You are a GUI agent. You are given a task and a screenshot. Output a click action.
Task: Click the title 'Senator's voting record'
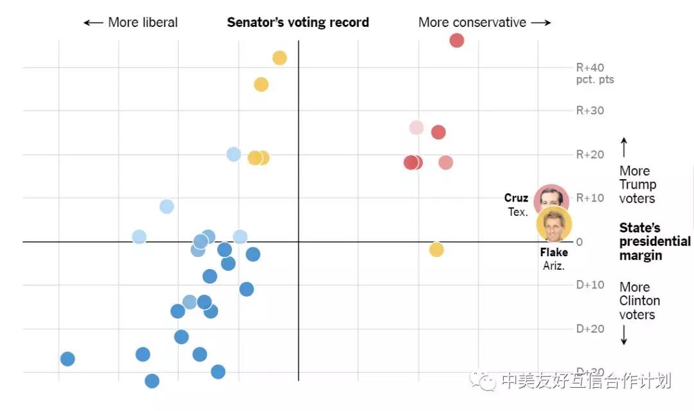point(298,22)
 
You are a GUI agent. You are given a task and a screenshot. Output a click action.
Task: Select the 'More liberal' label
point(131,22)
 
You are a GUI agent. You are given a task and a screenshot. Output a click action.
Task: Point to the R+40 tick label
point(590,67)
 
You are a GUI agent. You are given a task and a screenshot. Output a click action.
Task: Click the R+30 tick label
point(590,110)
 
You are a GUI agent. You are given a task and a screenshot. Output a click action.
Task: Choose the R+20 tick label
point(590,154)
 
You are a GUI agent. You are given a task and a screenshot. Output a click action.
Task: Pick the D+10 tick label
point(590,284)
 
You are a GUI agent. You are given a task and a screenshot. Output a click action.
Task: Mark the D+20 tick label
point(590,328)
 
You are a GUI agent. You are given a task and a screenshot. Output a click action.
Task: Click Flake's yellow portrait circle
point(554,224)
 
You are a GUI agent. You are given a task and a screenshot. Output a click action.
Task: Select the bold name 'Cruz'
point(516,198)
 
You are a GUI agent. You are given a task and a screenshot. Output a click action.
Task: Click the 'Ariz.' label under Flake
point(553,266)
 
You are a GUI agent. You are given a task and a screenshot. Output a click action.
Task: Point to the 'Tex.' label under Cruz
point(518,212)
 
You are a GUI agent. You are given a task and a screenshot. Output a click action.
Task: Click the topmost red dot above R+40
point(456,40)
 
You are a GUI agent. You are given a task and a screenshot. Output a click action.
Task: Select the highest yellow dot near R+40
point(280,58)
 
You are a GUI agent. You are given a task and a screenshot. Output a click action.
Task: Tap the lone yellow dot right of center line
point(436,249)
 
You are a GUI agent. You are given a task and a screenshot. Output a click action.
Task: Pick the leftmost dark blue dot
point(67,359)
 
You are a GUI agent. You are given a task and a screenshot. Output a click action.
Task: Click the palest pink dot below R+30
point(416,128)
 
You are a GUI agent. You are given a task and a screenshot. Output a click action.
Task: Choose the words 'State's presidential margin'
point(654,241)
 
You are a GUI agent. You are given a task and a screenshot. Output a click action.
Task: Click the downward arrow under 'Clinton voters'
point(623,335)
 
